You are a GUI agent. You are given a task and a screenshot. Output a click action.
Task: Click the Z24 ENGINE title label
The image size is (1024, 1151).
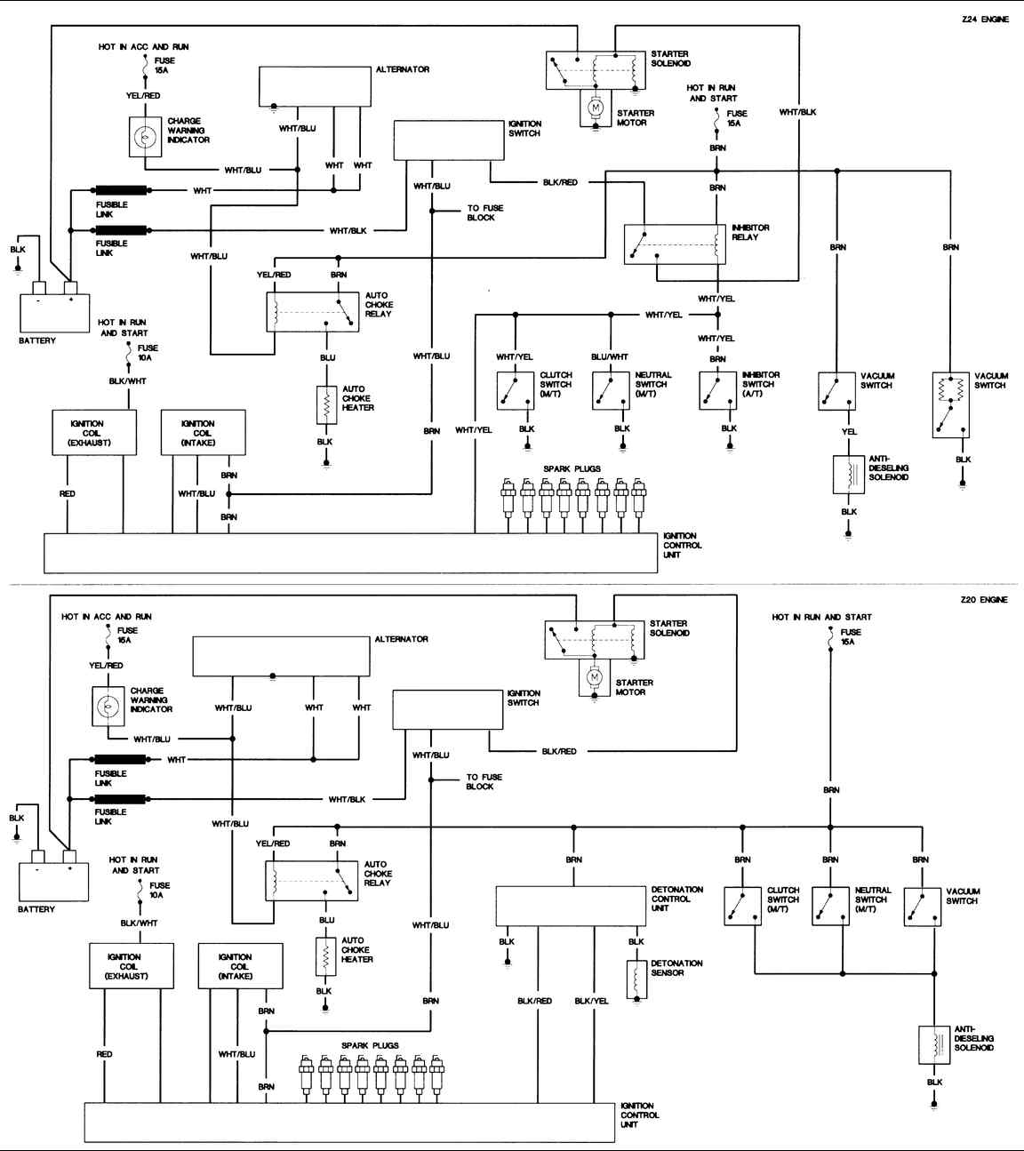[x=985, y=20]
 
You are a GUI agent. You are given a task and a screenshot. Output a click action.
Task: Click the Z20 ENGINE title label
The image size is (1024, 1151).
[x=984, y=600]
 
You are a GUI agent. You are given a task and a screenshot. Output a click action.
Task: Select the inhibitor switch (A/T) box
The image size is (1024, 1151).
[x=717, y=391]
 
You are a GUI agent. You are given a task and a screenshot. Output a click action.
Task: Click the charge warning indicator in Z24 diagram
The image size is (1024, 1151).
[x=144, y=138]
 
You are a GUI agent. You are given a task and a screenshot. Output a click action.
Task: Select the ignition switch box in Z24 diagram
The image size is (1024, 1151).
[x=449, y=140]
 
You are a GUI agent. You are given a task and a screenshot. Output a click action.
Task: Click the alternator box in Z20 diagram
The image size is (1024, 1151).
[x=281, y=657]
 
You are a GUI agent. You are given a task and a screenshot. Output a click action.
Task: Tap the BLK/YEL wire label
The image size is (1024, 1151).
[x=591, y=1001]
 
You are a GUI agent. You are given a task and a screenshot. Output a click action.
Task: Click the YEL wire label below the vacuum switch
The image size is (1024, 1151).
[x=849, y=432]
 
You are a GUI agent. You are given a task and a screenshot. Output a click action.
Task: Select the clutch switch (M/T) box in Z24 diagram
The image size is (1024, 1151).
[x=516, y=391]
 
